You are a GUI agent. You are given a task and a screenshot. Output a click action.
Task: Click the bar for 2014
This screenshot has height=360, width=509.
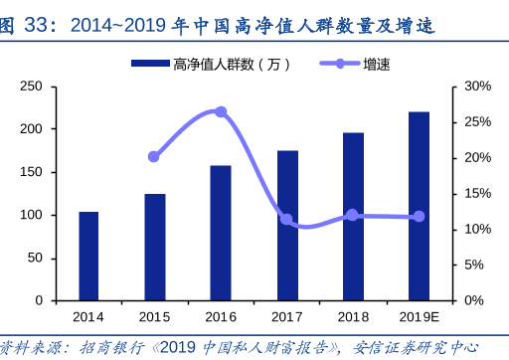point(88,256)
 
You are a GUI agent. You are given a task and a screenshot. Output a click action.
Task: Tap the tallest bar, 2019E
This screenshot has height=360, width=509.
point(419,206)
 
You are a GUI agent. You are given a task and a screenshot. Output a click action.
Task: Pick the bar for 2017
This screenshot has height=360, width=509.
point(287,225)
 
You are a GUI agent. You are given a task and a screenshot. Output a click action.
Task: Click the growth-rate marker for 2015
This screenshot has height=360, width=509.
point(154,156)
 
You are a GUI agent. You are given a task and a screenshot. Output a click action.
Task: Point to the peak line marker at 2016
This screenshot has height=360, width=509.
point(221,112)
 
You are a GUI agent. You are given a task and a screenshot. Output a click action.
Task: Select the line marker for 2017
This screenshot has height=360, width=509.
point(286,219)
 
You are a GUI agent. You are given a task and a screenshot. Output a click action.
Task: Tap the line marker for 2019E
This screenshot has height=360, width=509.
point(419,216)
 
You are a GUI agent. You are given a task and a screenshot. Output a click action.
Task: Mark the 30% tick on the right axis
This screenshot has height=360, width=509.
point(478,88)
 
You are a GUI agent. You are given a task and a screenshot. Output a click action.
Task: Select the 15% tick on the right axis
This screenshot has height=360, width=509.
point(478,194)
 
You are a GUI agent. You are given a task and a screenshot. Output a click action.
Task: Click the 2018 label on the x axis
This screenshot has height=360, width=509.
point(353,316)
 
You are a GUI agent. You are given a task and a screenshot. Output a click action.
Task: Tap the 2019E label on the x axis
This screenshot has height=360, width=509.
point(419,316)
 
